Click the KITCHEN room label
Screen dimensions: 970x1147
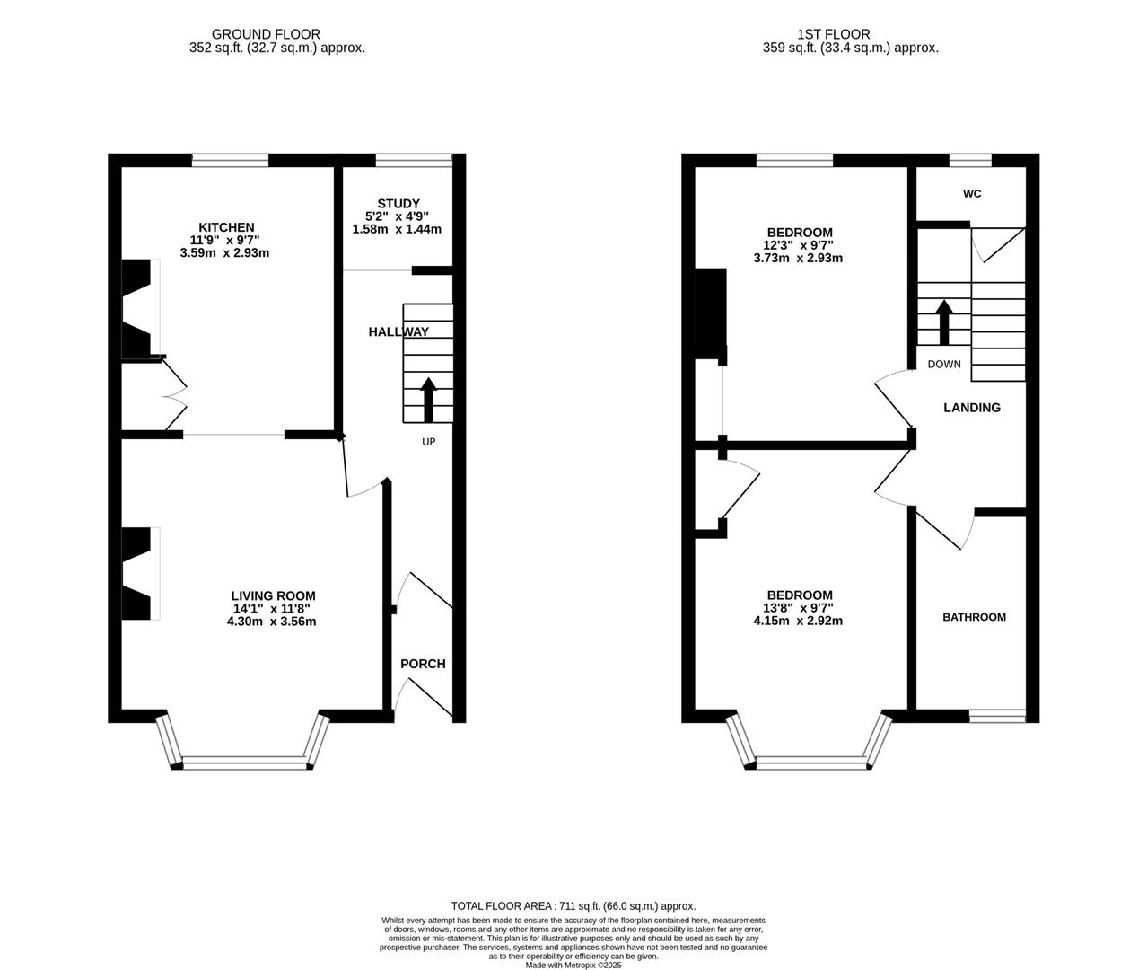pyautogui.click(x=226, y=227)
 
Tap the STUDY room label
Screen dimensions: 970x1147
pyautogui.click(x=398, y=204)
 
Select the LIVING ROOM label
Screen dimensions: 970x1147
pyautogui.click(x=273, y=595)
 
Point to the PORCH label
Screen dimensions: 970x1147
pyautogui.click(x=423, y=664)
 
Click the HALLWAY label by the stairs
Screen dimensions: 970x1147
pyautogui.click(x=398, y=331)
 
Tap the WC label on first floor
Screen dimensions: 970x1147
pyautogui.click(x=972, y=193)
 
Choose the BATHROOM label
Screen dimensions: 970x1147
pyautogui.click(x=974, y=617)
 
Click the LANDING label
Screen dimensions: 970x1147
pyautogui.click(x=971, y=408)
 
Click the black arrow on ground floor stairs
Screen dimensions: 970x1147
pyautogui.click(x=428, y=400)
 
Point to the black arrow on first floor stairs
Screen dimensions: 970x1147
pyautogui.click(x=943, y=322)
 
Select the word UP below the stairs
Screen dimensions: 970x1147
pyautogui.click(x=429, y=442)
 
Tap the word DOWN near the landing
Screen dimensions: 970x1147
pyautogui.click(x=943, y=364)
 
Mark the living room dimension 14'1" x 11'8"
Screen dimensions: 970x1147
pyautogui.click(x=273, y=608)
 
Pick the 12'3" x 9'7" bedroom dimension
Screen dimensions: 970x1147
pyautogui.click(x=798, y=245)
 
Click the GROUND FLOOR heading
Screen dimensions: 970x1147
pyautogui.click(x=266, y=34)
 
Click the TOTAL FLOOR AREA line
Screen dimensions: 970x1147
pyautogui.click(x=573, y=906)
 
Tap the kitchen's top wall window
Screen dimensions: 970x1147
pyautogui.click(x=230, y=161)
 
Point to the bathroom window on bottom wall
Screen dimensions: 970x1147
pyautogui.click(x=996, y=716)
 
